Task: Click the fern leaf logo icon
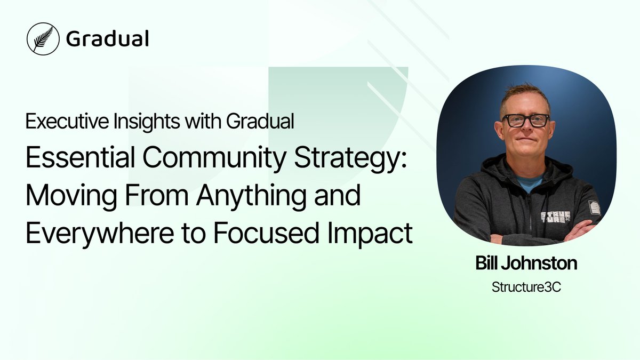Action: (43, 39)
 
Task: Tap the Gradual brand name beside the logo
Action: (107, 38)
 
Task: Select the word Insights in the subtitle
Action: (147, 122)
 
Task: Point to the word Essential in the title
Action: (81, 157)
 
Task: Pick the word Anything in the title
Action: (251, 197)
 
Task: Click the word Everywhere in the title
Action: (100, 233)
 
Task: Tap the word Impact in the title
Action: (370, 234)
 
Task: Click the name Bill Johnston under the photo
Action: (526, 263)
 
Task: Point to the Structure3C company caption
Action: (526, 287)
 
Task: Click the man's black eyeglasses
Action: (526, 121)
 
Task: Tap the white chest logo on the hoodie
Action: (556, 217)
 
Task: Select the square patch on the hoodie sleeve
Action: (594, 207)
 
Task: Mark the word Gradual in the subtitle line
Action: (260, 121)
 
